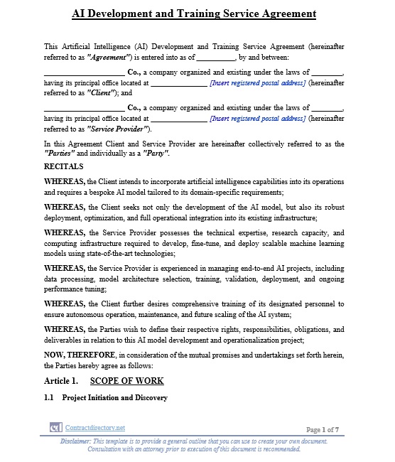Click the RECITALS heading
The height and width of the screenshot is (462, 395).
[x=64, y=166]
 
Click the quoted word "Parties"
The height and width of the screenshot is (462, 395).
[x=57, y=154]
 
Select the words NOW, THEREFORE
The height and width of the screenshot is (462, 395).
[x=73, y=355]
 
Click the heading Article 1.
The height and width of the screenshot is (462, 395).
[x=60, y=382]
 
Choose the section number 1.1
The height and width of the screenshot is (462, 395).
[x=49, y=398]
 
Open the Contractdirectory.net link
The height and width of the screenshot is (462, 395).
[x=94, y=428]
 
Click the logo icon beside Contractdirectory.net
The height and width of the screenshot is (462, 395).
[x=55, y=428]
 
